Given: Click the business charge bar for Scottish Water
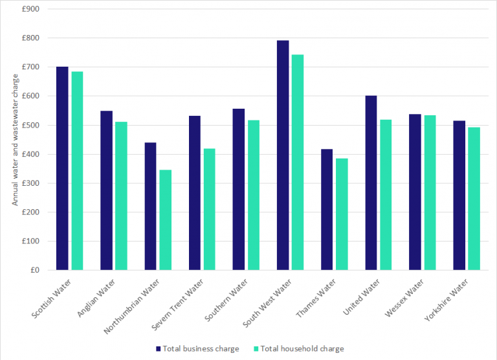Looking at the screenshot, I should pos(62,168).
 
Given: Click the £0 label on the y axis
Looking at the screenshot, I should pos(34,270).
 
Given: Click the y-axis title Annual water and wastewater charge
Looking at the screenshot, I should pos(15,139).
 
